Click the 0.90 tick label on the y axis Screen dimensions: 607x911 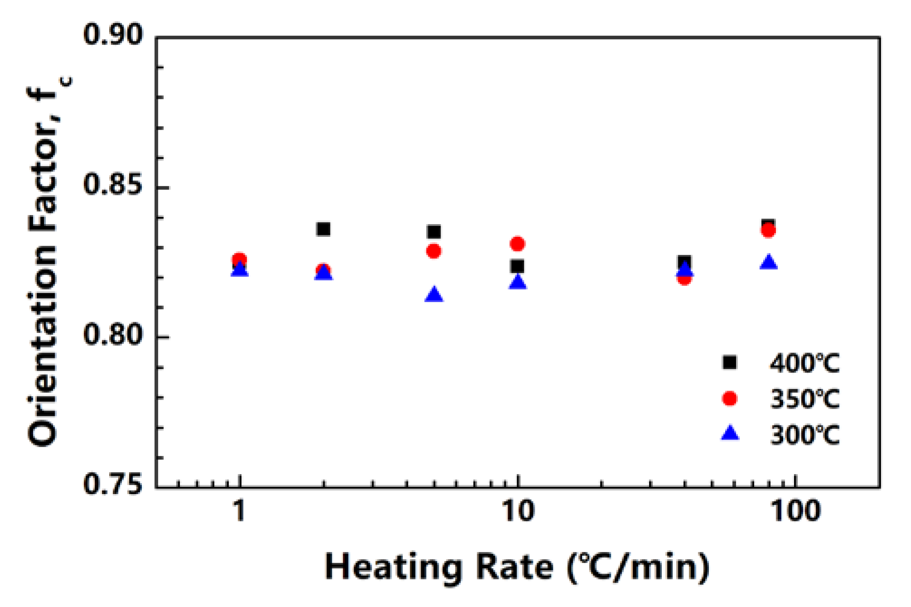click(x=113, y=34)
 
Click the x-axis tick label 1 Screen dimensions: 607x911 click(x=239, y=511)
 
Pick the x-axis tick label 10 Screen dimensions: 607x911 click(x=518, y=511)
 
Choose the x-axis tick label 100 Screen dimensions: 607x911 click(x=796, y=511)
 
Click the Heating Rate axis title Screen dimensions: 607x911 click(x=517, y=567)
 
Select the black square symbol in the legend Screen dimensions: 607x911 click(x=730, y=362)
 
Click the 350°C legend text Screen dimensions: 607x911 click(x=805, y=399)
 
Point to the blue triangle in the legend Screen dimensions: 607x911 click(x=730, y=433)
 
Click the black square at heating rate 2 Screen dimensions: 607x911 click(x=323, y=229)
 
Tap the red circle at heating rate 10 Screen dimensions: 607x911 click(x=518, y=244)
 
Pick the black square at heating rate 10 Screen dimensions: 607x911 click(x=517, y=266)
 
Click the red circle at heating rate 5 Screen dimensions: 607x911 click(x=434, y=251)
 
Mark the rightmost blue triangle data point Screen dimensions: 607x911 click(x=768, y=262)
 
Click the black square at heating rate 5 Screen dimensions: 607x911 click(x=434, y=232)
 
